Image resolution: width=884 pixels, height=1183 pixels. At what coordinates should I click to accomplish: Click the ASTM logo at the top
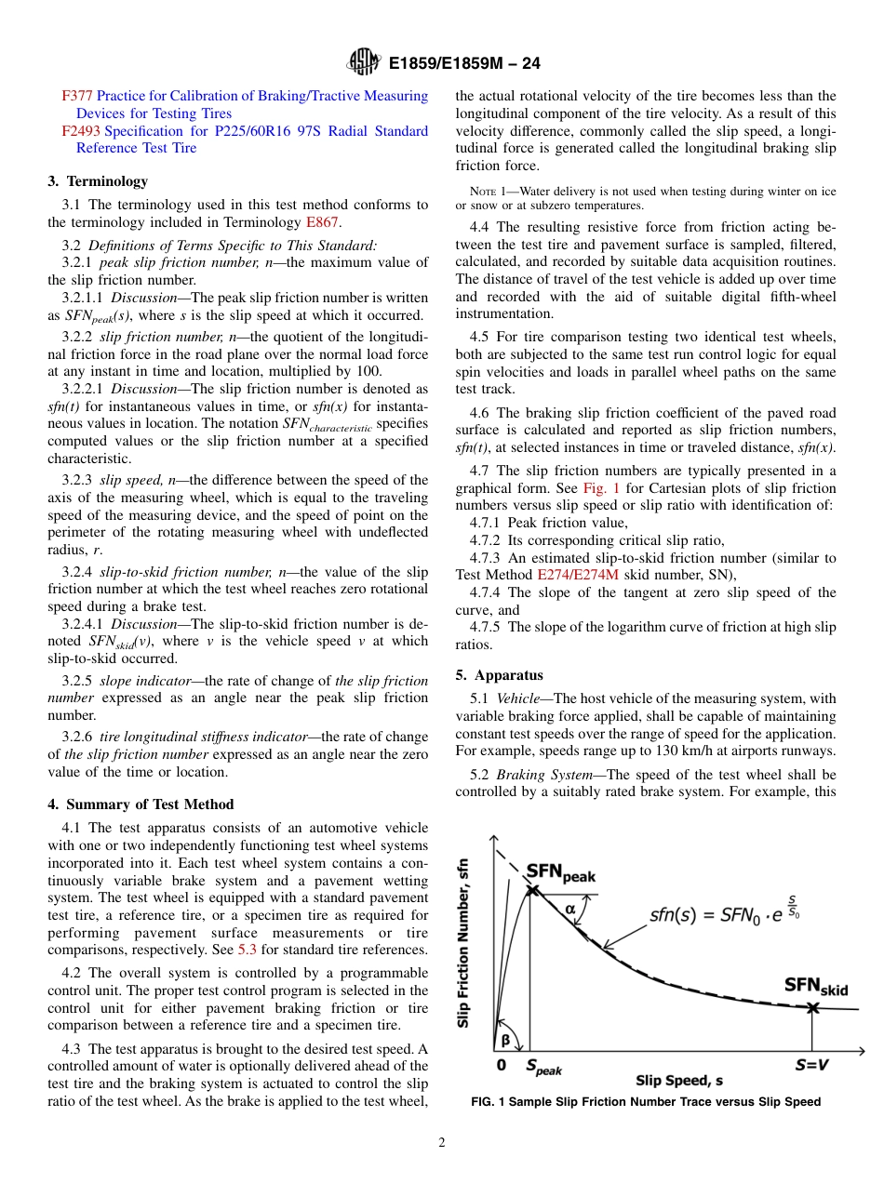tap(363, 63)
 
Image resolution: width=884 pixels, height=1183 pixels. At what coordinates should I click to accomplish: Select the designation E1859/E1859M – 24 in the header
tap(464, 64)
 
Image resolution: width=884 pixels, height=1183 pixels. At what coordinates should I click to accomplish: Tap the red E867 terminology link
tap(322, 222)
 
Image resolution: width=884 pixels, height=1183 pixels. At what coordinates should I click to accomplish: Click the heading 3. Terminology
tap(98, 181)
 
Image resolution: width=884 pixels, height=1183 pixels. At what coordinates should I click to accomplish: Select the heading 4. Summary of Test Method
tap(141, 804)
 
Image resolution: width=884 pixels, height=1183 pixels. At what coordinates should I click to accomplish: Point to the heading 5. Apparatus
tap(499, 675)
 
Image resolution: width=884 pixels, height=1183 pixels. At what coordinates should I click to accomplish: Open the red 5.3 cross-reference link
tap(247, 950)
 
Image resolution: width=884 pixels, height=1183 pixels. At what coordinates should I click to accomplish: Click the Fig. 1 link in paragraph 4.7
tap(598, 488)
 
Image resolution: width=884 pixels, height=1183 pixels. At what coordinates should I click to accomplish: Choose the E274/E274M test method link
tap(578, 575)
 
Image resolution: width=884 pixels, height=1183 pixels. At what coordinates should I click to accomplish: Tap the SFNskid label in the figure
tap(816, 986)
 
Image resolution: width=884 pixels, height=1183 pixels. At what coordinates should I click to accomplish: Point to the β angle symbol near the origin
tap(505, 1040)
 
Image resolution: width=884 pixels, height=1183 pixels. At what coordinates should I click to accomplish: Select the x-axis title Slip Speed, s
tap(679, 1080)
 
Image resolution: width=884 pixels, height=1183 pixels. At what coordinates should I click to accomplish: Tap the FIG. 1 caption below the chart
tap(646, 1102)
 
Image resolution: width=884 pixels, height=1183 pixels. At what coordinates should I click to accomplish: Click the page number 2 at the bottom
tap(442, 1143)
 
